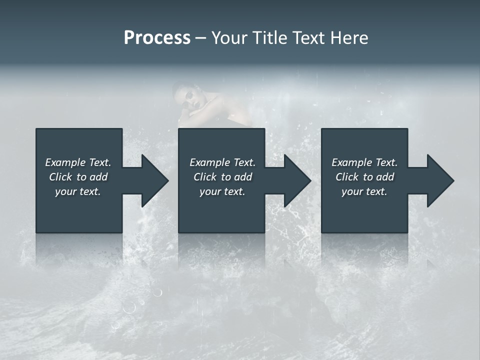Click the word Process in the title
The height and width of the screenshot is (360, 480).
click(157, 38)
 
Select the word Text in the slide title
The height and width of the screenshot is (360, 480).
click(307, 38)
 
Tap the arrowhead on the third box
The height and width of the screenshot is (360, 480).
click(439, 180)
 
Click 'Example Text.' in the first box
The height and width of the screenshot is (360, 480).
click(78, 162)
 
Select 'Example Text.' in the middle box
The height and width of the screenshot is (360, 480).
click(222, 162)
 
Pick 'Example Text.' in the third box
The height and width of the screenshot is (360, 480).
click(364, 162)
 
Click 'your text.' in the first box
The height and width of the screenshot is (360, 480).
click(78, 191)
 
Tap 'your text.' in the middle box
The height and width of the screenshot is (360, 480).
click(222, 191)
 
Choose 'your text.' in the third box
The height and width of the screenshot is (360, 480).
click(364, 191)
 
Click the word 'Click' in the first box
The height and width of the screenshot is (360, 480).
click(60, 177)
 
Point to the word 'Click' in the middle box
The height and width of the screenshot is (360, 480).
click(205, 177)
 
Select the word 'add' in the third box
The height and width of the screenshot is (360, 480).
click(385, 177)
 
